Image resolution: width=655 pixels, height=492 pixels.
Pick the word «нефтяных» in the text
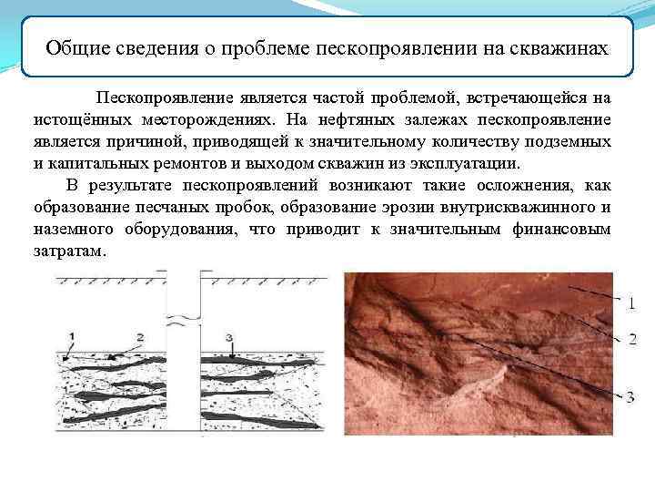pos(341,119)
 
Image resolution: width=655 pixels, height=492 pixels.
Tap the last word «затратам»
pos(69,252)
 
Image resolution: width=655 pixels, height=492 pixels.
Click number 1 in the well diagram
pos(70,337)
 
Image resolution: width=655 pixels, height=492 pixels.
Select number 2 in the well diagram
pos(140,336)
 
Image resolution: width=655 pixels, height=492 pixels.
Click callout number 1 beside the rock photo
pos(631,302)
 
